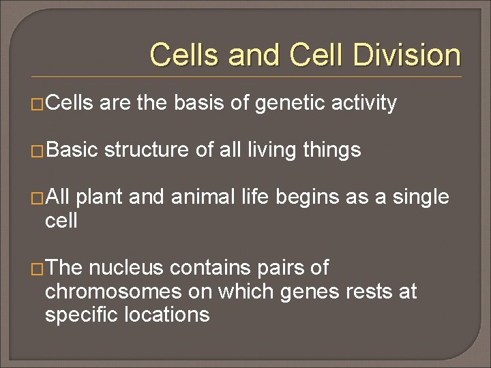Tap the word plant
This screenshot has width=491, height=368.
click(x=100, y=198)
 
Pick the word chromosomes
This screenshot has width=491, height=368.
click(x=108, y=292)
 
